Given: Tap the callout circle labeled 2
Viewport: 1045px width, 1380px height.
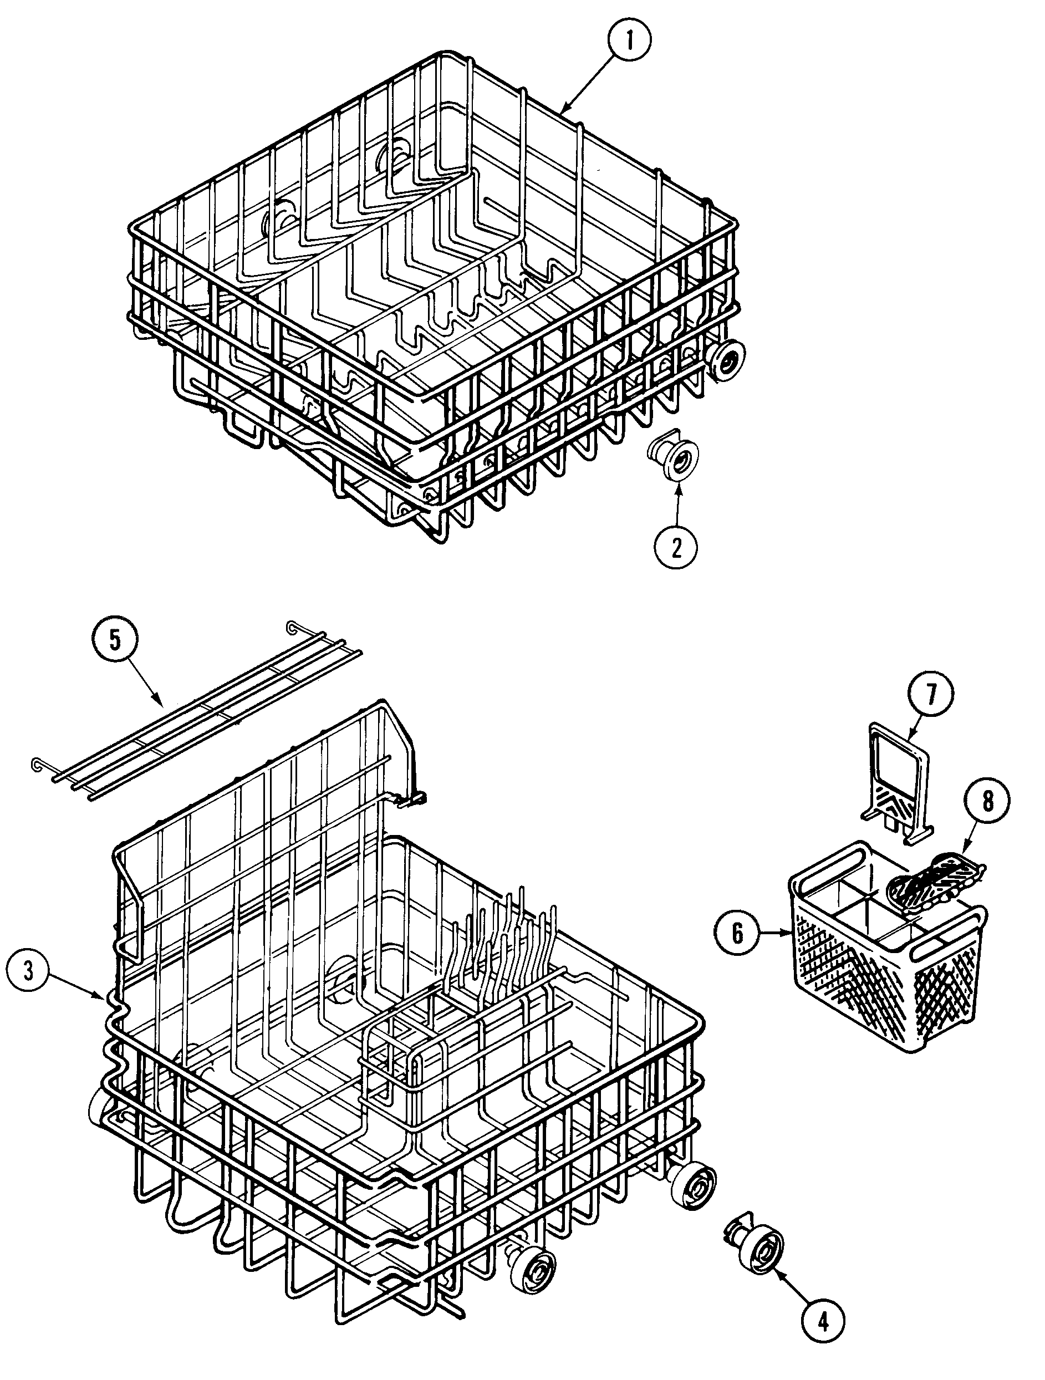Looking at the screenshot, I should point(676,547).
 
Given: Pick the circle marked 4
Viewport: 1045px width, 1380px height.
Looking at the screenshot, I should point(823,1336).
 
